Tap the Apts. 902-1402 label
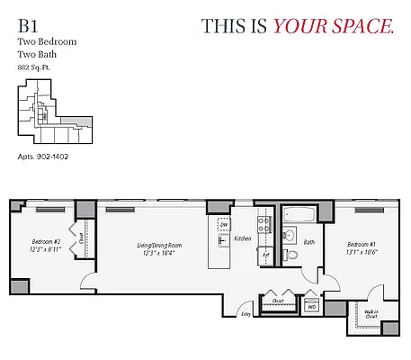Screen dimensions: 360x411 tap(44, 157)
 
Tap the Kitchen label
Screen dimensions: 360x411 tap(243, 239)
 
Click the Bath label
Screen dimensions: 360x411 tap(308, 242)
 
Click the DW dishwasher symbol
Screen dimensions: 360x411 tap(223, 229)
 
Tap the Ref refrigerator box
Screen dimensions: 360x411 tap(266, 255)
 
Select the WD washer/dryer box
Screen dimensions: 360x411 tap(312, 307)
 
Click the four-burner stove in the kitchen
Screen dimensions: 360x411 tap(264, 225)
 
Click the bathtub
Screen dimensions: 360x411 tap(299, 216)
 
